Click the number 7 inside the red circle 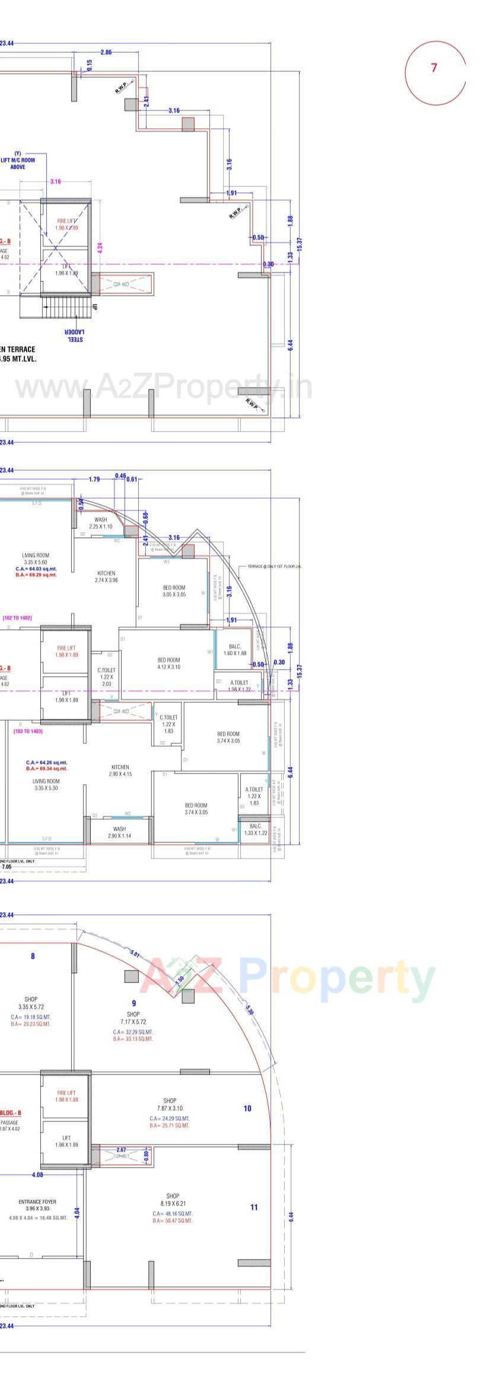[x=434, y=68]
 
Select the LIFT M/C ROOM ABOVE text [x=18, y=160]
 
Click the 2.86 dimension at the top [x=106, y=53]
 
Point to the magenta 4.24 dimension [x=100, y=248]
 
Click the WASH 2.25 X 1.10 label [x=101, y=523]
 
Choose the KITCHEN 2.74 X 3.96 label [x=106, y=576]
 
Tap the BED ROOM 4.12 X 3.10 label [x=168, y=663]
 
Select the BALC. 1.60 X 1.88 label [x=235, y=649]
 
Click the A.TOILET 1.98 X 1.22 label [x=239, y=686]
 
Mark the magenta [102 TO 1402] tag [x=17, y=618]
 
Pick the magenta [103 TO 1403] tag [x=28, y=731]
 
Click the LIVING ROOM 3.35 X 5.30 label [x=46, y=784]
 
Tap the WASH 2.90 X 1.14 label [x=119, y=832]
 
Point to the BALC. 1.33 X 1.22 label [x=256, y=829]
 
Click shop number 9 [x=134, y=987]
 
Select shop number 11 [x=254, y=1207]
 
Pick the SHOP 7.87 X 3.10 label [x=170, y=1105]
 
